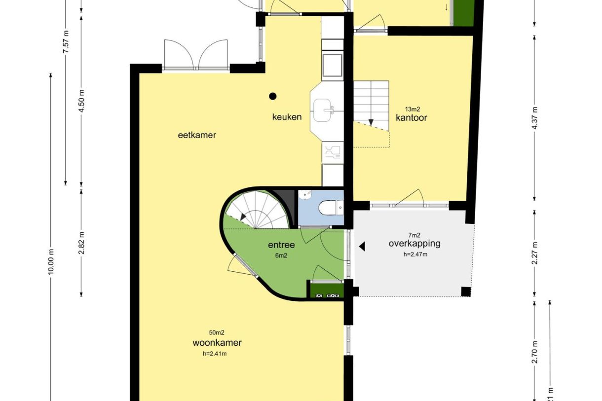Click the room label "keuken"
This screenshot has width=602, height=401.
pyautogui.click(x=287, y=117)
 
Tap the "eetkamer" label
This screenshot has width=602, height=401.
pyautogui.click(x=197, y=135)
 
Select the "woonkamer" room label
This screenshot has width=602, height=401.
pyautogui.click(x=217, y=343)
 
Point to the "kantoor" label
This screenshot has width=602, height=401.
pyautogui.click(x=411, y=118)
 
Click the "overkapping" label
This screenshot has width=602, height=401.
pyautogui.click(x=414, y=243)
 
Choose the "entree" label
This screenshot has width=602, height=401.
pyautogui.click(x=281, y=245)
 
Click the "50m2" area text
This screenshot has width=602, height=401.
pyautogui.click(x=217, y=333)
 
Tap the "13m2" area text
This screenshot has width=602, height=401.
pyautogui.click(x=412, y=109)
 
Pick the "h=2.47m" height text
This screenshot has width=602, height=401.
pyautogui.click(x=414, y=254)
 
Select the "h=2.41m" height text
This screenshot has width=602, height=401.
pyautogui.click(x=217, y=353)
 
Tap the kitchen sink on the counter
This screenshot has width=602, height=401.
pyautogui.click(x=324, y=108)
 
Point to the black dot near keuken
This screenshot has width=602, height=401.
pyautogui.click(x=272, y=96)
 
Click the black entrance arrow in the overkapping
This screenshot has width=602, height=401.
pyautogui.click(x=362, y=246)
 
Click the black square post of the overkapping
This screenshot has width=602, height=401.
pyautogui.click(x=465, y=292)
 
